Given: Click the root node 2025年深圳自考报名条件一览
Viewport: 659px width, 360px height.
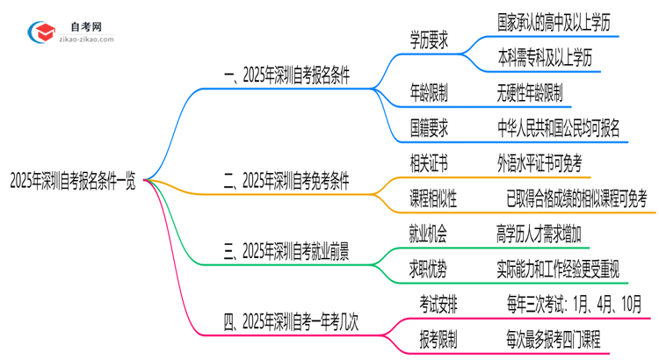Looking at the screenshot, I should click(x=72, y=182).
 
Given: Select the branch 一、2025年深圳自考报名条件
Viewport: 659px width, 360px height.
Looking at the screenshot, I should click(x=286, y=76).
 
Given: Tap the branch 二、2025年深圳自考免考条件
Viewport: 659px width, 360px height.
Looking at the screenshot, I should click(x=286, y=182).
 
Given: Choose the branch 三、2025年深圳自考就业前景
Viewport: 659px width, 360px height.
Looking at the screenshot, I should click(x=286, y=253).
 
